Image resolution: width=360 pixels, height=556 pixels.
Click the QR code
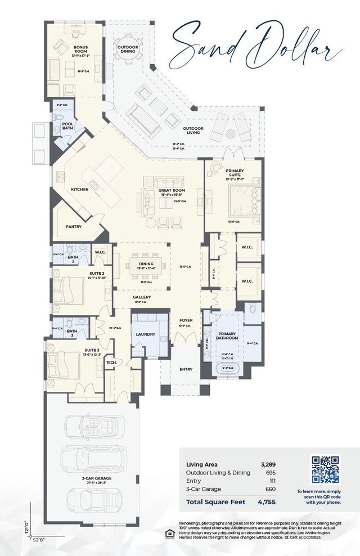click(326, 469)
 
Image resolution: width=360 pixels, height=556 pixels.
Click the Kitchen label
click(79, 189)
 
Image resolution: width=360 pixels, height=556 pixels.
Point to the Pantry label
click(74, 227)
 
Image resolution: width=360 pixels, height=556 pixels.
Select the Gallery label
click(142, 297)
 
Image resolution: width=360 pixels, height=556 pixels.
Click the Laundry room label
click(145, 334)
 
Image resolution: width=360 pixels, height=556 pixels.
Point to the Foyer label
click(186, 320)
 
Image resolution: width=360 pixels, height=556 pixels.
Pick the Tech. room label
click(111, 363)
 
